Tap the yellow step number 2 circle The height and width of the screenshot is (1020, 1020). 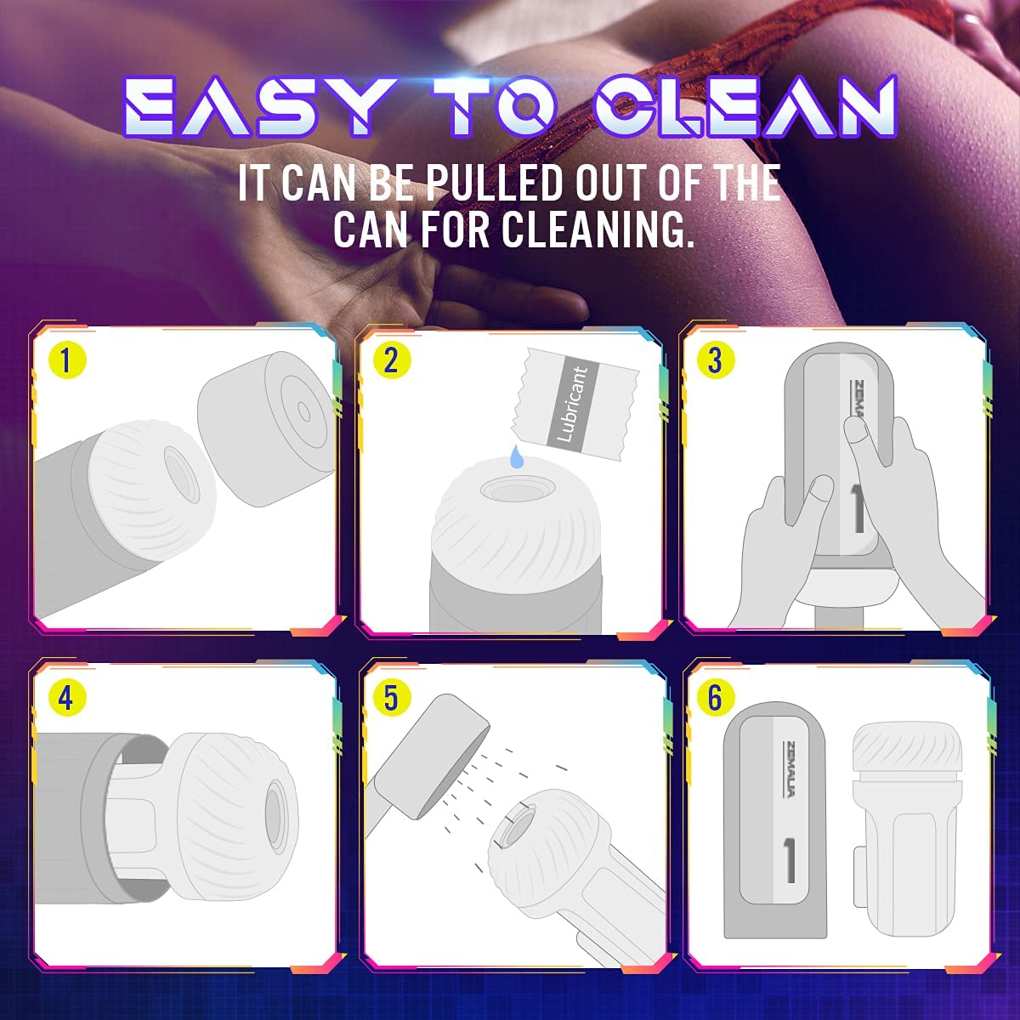coord(391,360)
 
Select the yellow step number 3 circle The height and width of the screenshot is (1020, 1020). coord(715,360)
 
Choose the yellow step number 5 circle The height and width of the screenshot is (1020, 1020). coord(391,698)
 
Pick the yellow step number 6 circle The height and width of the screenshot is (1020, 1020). coord(715,698)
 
